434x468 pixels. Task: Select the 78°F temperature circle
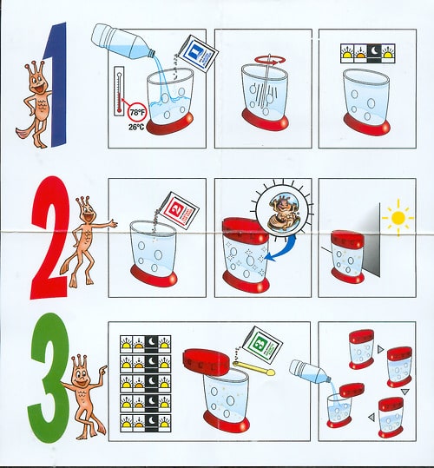tap(137, 113)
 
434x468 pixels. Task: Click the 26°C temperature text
tap(136, 128)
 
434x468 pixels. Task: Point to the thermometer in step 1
tap(120, 91)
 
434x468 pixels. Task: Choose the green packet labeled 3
tap(262, 345)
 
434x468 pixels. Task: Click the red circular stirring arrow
tap(270, 60)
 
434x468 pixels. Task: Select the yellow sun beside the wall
tap(398, 218)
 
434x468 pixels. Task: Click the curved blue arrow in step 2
tap(283, 251)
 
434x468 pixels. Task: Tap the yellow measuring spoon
tap(254, 367)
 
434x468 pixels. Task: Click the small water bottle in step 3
tap(310, 372)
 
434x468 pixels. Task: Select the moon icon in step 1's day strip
tap(375, 53)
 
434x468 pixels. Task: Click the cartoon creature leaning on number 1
tap(37, 104)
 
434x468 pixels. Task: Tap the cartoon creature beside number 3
tap(87, 397)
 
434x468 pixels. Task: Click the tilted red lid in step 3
tap(207, 362)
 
